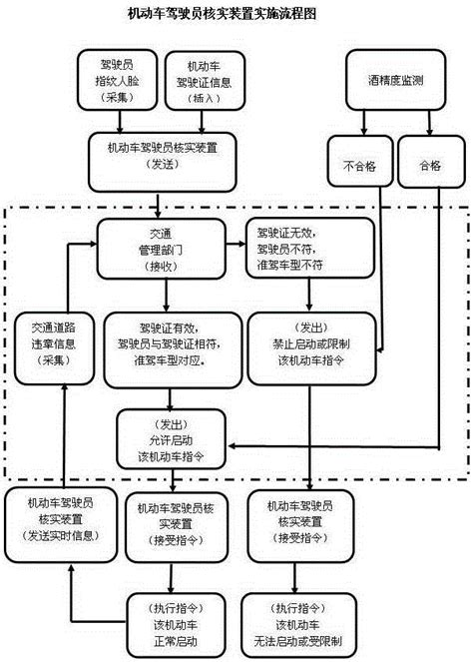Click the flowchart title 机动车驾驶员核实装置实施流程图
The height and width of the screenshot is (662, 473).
(x=236, y=14)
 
